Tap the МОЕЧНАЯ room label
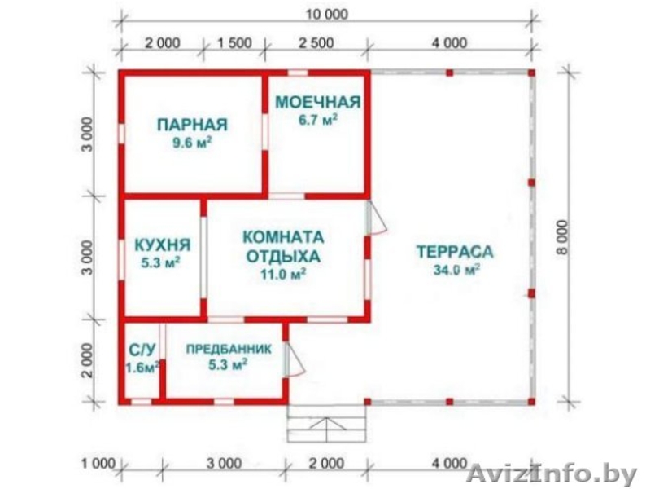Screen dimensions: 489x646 click(317, 102)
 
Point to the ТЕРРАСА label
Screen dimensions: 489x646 click(455, 251)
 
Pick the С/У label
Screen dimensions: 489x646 click(142, 350)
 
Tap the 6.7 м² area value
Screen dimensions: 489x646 click(317, 120)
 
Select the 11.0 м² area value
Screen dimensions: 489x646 click(283, 275)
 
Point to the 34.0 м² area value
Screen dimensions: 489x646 click(455, 270)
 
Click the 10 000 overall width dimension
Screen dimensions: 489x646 click(324, 13)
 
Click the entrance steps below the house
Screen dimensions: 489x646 click(326, 425)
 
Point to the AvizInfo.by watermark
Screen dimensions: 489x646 click(554, 472)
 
